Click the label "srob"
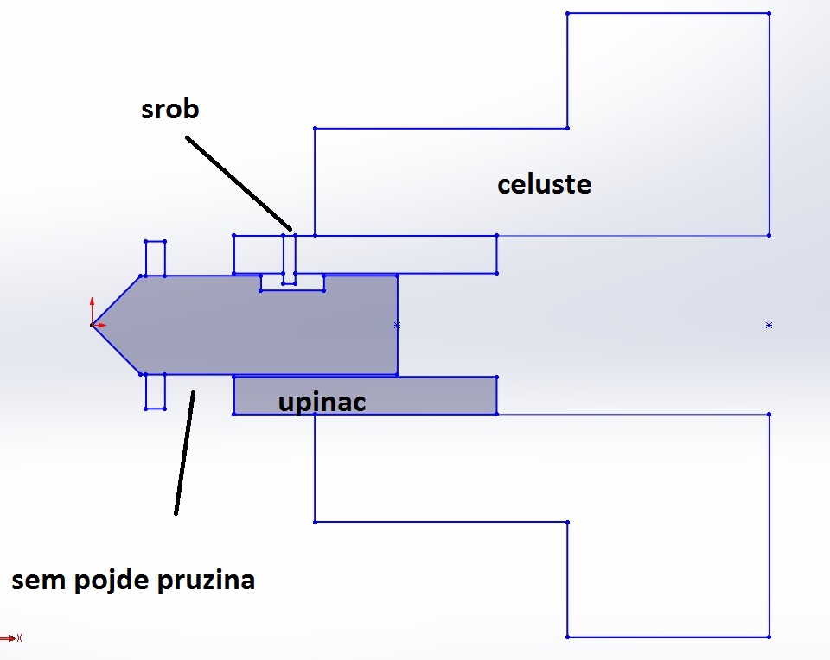170,110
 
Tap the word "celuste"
544,184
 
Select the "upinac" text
322,402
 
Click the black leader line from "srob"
238,181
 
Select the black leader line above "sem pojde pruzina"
184,453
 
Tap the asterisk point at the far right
769,325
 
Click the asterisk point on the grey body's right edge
397,325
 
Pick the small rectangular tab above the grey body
155,258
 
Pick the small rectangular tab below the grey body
155,391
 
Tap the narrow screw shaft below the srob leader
290,255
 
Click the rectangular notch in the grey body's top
292,282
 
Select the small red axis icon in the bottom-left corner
10,638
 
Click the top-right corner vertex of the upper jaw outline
769,14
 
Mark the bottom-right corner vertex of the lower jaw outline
769,637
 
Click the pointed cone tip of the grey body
93,325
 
